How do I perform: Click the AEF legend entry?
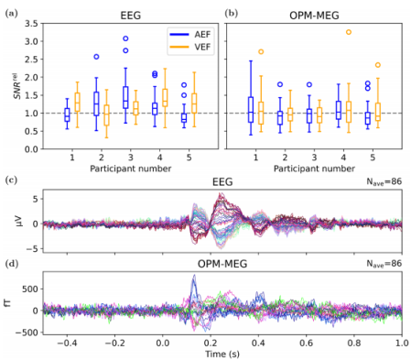pos(190,34)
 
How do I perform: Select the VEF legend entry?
pos(190,47)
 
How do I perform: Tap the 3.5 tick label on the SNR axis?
pos(31,24)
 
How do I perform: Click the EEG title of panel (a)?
pos(131,16)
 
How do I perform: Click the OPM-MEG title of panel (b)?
pos(314,16)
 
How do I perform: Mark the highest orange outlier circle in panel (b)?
pos(349,32)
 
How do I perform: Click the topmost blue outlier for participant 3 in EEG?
pos(125,38)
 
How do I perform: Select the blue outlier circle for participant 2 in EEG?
pos(96,57)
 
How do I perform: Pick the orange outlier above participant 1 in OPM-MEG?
pos(261,51)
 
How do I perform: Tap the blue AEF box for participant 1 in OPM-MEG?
pos(251,110)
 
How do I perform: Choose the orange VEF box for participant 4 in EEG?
pos(165,98)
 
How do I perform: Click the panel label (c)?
pos(12,180)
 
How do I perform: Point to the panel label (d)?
pos(12,263)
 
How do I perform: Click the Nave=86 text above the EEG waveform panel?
pos(384,182)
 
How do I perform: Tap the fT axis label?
pos(8,303)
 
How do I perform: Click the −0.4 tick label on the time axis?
pos(67,343)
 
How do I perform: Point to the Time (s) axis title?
pos(222,354)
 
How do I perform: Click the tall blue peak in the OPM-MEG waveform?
pos(194,276)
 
